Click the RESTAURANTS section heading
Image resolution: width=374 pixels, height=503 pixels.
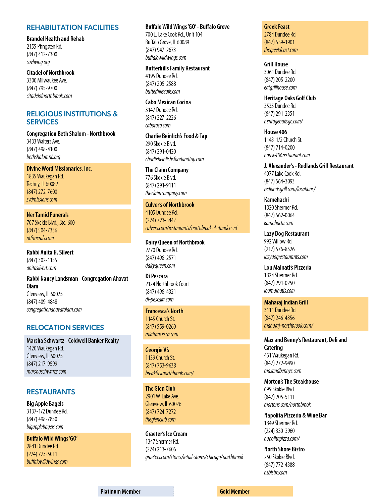click(x=51, y=392)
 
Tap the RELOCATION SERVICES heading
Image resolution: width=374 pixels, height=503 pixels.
click(x=65, y=327)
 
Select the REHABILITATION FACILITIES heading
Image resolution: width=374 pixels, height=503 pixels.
click(x=73, y=27)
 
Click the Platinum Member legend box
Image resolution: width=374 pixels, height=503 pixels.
click(x=136, y=491)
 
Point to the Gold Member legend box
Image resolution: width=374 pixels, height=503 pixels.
click(x=255, y=491)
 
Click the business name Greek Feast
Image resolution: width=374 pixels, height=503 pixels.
click(x=277, y=27)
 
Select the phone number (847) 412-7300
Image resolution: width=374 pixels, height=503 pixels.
click(x=42, y=54)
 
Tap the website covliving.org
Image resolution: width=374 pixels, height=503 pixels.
click(x=38, y=62)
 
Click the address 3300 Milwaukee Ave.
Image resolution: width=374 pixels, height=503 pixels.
click(x=47, y=80)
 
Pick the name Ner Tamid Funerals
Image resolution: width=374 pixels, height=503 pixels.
click(x=48, y=215)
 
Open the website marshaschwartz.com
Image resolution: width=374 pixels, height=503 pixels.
click(x=47, y=371)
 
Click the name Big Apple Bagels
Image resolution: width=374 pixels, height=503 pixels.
click(x=45, y=403)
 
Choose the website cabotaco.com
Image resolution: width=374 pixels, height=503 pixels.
click(x=158, y=125)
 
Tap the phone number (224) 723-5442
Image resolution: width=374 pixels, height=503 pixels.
click(x=160, y=220)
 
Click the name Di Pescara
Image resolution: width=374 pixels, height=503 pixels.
click(x=157, y=276)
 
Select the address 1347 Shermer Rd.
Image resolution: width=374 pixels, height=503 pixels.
click(x=162, y=441)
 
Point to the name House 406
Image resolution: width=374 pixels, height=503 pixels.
click(x=275, y=132)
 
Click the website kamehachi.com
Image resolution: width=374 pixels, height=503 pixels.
click(x=279, y=223)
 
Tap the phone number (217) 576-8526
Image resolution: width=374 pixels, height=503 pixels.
click(x=279, y=249)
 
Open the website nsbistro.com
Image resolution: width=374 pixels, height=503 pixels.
click(x=275, y=472)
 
